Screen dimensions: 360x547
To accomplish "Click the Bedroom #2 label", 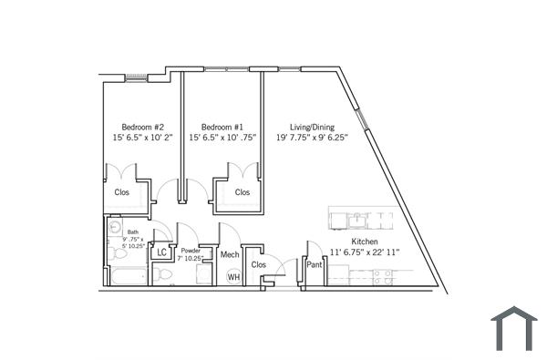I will pos(142,127).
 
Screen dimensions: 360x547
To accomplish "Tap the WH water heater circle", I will pos(233,276).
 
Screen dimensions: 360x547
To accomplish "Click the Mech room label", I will pos(230,254).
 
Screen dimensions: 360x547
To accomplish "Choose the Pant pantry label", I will pos(314,265).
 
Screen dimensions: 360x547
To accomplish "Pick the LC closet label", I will pos(162,252).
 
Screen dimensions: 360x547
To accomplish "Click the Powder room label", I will pos(191,251).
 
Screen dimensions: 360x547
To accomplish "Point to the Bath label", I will pos(133,232).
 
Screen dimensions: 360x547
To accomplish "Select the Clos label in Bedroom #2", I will pos(121,192).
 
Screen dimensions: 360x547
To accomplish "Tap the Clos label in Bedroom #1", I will pos(242,192).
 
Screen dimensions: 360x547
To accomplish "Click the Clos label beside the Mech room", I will pos(258,265).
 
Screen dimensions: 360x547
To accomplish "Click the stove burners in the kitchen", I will pos(383,276).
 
